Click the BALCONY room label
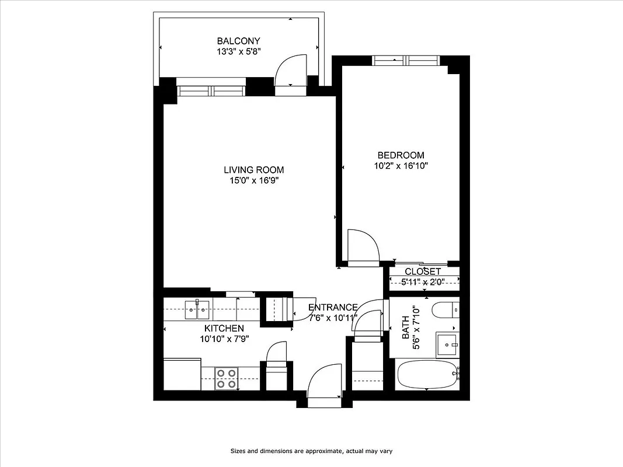click(238, 41)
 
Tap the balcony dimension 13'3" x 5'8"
click(238, 51)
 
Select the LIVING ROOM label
click(254, 170)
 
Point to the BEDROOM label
click(401, 155)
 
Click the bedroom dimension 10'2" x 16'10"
click(401, 165)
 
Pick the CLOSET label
click(423, 272)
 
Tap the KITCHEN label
click(224, 329)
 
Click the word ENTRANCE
click(333, 308)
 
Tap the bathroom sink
click(448, 345)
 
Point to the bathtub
click(427, 375)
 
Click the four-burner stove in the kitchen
click(226, 378)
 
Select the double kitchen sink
click(197, 309)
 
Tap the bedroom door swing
click(363, 246)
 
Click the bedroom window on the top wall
click(406, 60)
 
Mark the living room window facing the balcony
click(212, 90)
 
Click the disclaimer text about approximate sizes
click(311, 451)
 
